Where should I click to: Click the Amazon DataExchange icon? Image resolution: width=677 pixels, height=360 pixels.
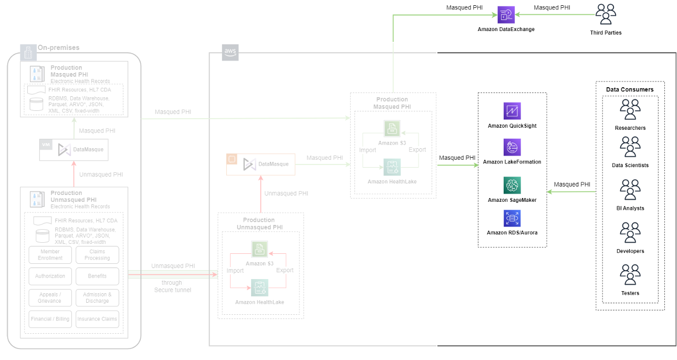506,15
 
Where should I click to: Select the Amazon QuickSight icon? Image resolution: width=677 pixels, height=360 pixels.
512,111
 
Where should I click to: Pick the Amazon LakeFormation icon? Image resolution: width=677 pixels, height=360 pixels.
512,147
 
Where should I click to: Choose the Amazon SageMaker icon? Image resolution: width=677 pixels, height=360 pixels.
512,186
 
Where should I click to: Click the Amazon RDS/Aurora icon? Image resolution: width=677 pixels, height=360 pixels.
512,218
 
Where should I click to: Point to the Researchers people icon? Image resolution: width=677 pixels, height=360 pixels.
630,110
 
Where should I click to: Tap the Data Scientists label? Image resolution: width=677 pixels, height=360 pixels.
630,165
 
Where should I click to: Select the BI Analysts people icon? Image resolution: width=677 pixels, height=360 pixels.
630,190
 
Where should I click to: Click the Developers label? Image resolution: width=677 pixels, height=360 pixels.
630,251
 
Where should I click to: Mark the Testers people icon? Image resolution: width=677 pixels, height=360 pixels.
630,275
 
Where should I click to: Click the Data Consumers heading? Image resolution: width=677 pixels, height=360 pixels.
630,89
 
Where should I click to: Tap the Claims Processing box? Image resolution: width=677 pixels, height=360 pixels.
97,255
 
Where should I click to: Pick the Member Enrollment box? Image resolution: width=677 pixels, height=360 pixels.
50,255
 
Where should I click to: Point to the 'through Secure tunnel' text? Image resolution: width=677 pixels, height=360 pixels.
172,286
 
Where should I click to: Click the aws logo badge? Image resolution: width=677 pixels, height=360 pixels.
230,52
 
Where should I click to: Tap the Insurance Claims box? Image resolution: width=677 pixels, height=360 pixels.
97,319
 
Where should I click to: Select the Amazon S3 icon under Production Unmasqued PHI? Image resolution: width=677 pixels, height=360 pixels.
259,249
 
